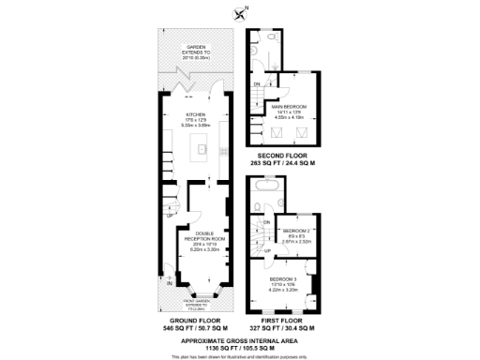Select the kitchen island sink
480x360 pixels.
pyautogui.click(x=200, y=148)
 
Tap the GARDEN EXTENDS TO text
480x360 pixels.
pyautogui.click(x=195, y=51)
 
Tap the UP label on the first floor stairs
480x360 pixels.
pyautogui.click(x=267, y=250)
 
